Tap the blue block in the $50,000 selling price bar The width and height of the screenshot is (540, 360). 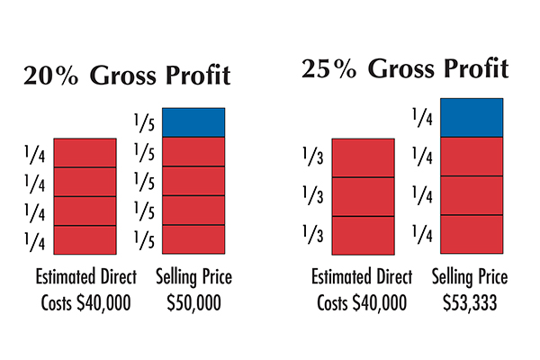coord(193,122)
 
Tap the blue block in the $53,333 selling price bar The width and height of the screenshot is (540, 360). coord(472,117)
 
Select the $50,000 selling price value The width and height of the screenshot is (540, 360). coord(194,302)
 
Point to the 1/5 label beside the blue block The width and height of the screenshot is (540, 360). coord(142,122)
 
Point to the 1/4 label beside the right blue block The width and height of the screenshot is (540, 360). coord(419,117)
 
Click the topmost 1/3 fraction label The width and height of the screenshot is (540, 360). coord(312,157)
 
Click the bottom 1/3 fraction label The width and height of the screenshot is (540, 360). coord(312,236)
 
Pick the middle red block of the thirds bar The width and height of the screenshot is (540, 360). coord(363,196)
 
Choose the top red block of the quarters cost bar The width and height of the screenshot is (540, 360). coord(85,152)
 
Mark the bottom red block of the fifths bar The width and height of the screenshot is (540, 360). coord(193,238)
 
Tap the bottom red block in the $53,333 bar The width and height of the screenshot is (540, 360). coord(472,234)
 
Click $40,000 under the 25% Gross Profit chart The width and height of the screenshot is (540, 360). coord(383,302)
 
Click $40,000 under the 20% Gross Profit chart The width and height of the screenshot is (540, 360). coord(104,302)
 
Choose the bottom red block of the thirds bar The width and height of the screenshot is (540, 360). coord(363,235)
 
